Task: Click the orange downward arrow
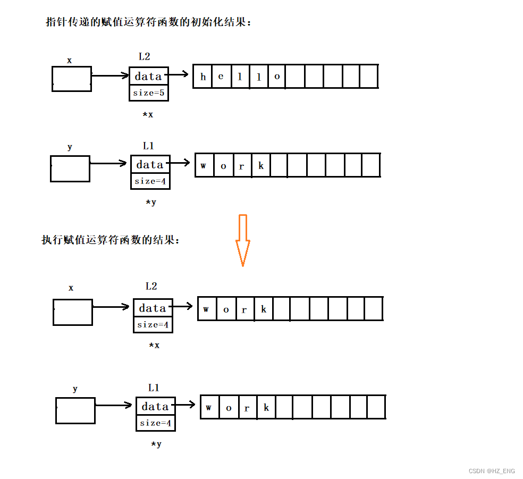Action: point(243,239)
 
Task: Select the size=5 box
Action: point(148,93)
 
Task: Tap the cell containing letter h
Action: point(203,77)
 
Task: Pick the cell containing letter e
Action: point(221,77)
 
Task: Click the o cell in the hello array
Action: point(277,77)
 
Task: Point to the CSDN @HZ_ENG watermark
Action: point(492,471)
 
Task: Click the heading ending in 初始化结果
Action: point(148,23)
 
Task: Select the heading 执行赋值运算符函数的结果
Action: point(111,240)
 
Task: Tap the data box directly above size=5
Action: point(148,76)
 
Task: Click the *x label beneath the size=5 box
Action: point(148,114)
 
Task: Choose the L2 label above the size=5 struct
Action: point(144,57)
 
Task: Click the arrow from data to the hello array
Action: point(179,74)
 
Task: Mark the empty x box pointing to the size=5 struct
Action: point(71,79)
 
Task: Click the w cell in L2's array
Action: point(207,309)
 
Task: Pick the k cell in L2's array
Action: point(264,309)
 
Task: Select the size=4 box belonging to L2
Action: point(153,324)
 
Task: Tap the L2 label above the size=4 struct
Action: point(151,286)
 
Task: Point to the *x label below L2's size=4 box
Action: point(154,346)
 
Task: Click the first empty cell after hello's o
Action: point(296,77)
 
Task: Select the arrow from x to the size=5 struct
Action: point(110,76)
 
